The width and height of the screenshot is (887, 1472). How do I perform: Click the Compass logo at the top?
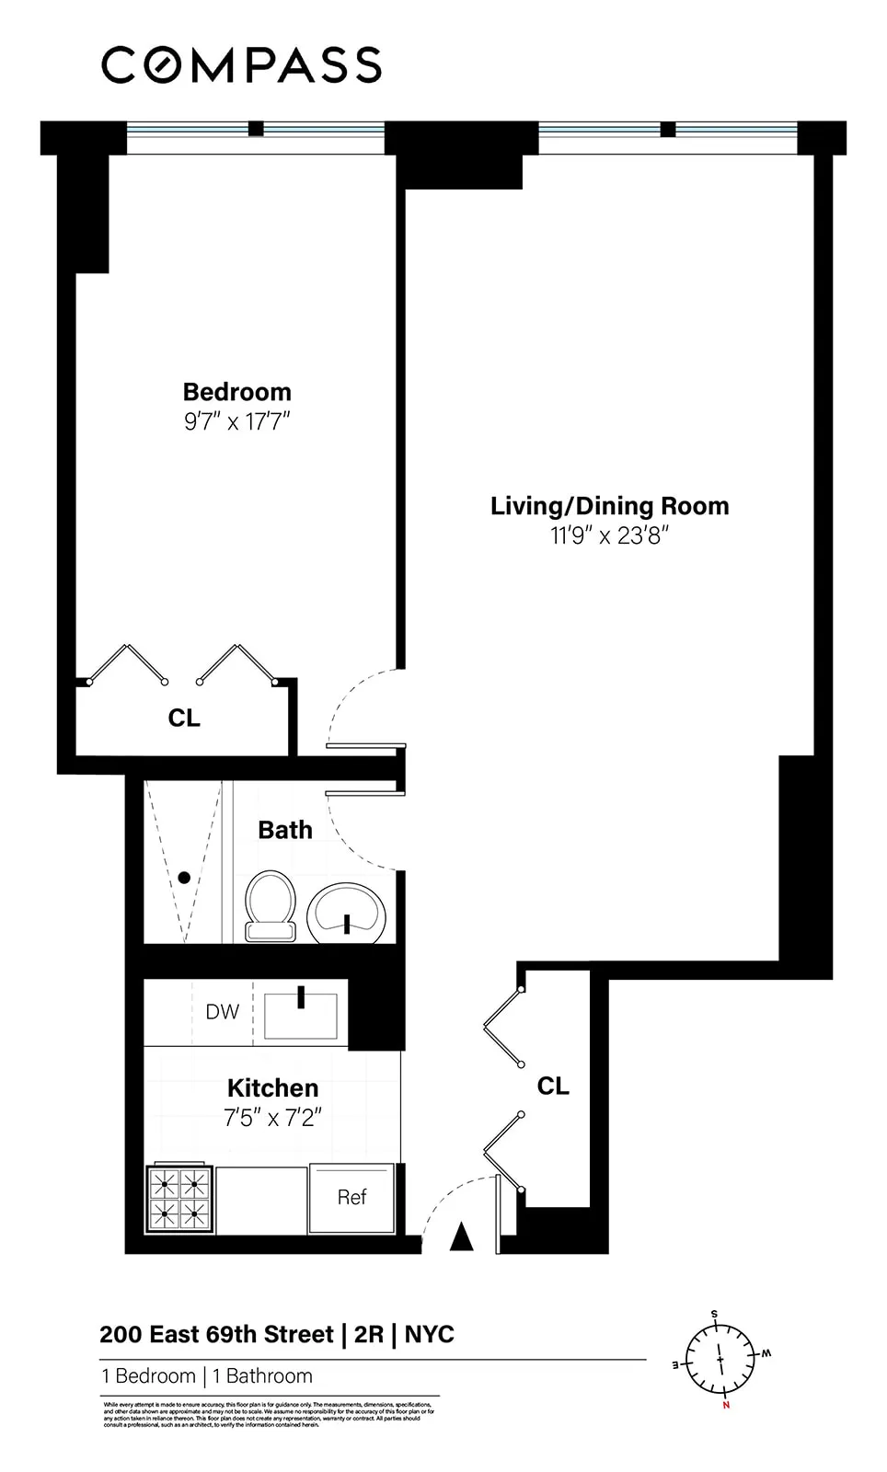pos(241,65)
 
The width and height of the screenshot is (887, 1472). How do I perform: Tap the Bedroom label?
pos(236,392)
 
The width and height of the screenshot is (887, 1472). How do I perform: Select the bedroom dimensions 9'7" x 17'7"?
pos(236,422)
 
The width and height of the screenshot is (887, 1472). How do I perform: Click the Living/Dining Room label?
pos(609,506)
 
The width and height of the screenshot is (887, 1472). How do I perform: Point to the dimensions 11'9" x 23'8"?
pos(609,535)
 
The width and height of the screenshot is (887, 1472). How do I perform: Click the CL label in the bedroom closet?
pos(184,718)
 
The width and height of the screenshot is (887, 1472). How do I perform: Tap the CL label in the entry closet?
pos(553,1087)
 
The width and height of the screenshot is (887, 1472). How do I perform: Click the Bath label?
pos(284,830)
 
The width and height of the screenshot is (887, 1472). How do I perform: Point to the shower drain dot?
pos(184,878)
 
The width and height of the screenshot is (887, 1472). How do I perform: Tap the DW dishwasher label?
pos(222,1012)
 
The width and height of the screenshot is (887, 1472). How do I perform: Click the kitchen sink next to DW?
pos(301,1015)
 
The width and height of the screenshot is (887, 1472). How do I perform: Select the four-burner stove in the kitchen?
pos(179,1200)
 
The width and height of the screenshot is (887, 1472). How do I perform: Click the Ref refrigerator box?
pos(352,1197)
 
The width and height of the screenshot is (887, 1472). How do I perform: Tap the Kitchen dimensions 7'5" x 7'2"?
pos(272,1119)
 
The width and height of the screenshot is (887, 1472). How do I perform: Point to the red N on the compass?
pos(726,1405)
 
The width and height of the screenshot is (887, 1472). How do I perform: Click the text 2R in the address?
pos(368,1335)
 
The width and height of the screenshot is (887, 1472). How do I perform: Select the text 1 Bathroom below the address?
pos(262,1376)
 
